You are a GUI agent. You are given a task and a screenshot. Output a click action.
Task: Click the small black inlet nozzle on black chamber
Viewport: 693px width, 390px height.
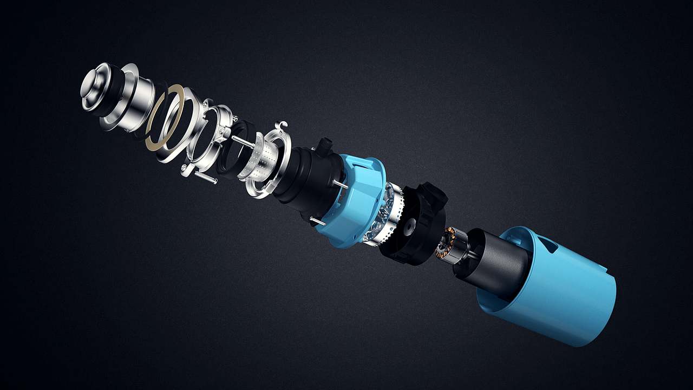[x=324, y=146]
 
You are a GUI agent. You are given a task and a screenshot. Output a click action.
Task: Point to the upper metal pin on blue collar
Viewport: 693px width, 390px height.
[x=340, y=184]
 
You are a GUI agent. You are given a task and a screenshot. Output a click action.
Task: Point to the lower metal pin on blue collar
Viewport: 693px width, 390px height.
[x=317, y=220]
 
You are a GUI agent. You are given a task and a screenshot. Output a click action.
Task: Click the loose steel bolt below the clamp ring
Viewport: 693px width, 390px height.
[x=206, y=177]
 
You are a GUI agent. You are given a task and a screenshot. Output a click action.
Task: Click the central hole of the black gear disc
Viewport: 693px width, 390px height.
[x=409, y=223]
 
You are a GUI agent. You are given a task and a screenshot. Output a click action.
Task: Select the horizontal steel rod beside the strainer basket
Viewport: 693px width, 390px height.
[x=243, y=142]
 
